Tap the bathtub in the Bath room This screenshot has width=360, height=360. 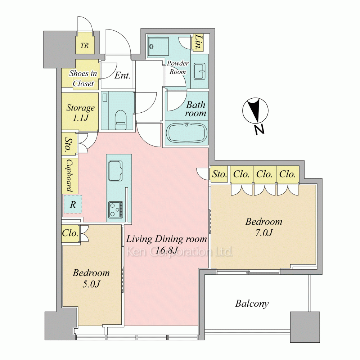pos(186,134)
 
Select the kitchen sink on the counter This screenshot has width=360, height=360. pos(115,171)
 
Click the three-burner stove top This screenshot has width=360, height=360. pos(116,210)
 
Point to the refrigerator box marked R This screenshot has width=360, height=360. pos(73,204)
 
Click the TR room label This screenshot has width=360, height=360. pos(85,45)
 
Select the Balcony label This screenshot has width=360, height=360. pos(252,303)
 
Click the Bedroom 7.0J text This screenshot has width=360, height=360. pos(264,227)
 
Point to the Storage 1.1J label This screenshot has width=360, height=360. pos(80,112)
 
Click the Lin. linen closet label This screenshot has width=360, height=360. pos(198,42)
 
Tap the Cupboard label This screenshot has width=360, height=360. pos(70,176)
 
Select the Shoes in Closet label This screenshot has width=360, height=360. pos(83,78)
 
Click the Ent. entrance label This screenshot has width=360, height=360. pos(122,75)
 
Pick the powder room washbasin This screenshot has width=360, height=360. pos(199,71)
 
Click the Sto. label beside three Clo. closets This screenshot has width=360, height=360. pos(219,174)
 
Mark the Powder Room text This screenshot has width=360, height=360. pos(178,68)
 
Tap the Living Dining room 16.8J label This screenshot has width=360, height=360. pos(166,244)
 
